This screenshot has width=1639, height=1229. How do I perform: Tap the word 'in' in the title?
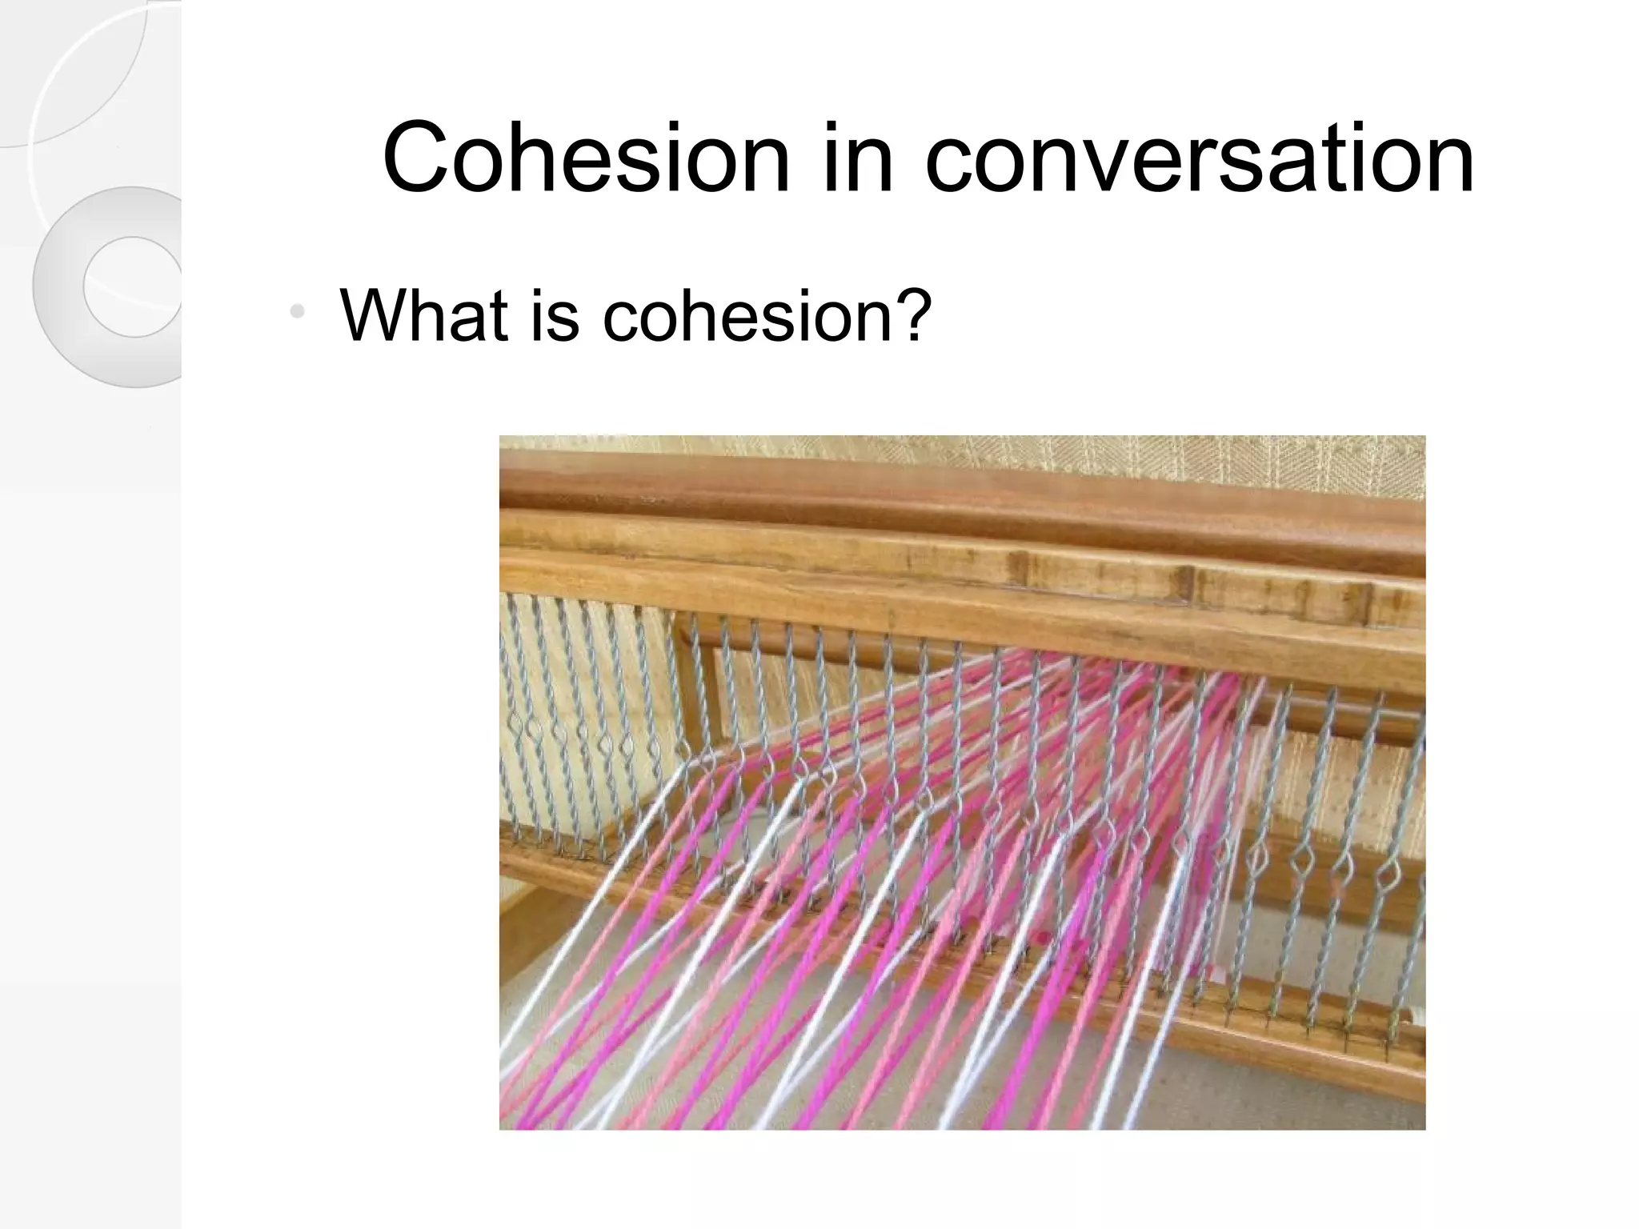(x=857, y=158)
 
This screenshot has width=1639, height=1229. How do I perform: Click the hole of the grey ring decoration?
(x=133, y=286)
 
